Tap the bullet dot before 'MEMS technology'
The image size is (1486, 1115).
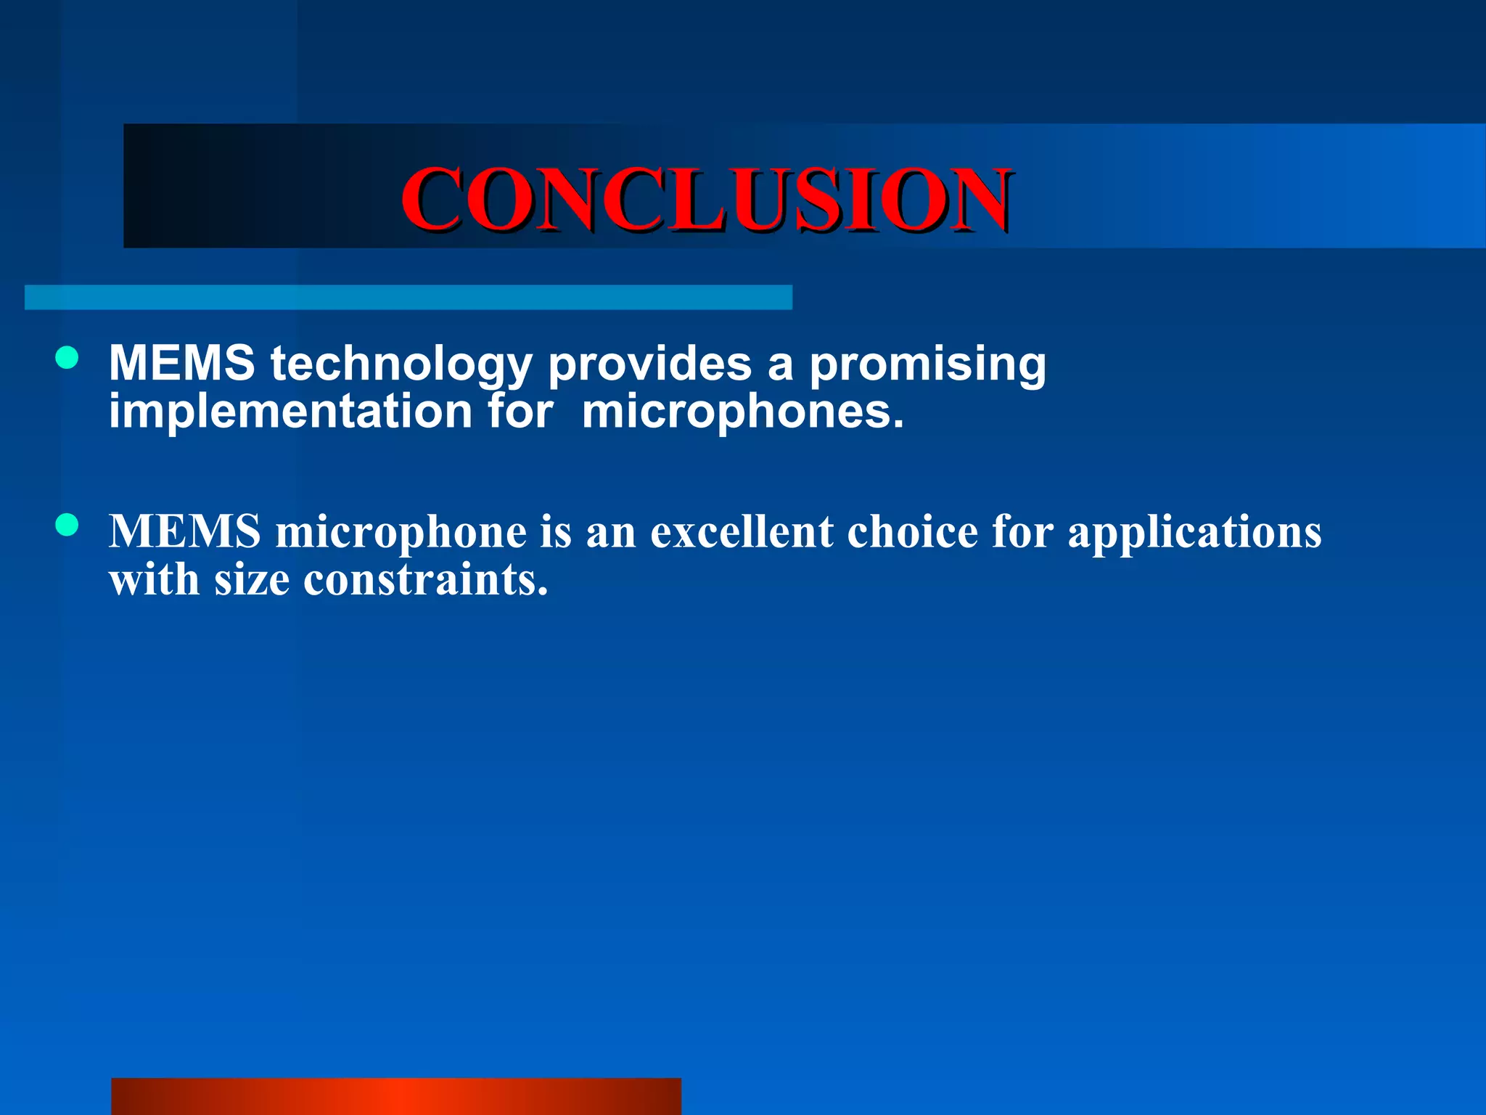pyautogui.click(x=67, y=358)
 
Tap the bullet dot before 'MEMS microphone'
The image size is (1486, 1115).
pyautogui.click(x=67, y=525)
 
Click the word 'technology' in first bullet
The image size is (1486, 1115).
pyautogui.click(x=401, y=364)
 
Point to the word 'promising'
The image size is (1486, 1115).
pyautogui.click(x=927, y=364)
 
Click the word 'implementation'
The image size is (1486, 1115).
pyautogui.click(x=290, y=412)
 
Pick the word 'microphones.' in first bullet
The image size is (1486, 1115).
pyautogui.click(x=743, y=412)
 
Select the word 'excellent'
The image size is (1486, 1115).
pyautogui.click(x=742, y=531)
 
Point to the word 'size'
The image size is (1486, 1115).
pyautogui.click(x=251, y=581)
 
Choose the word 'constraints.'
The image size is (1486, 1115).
pyautogui.click(x=425, y=581)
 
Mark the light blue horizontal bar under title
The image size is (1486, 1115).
pyautogui.click(x=408, y=298)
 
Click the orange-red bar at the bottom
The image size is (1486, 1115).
pyautogui.click(x=396, y=1096)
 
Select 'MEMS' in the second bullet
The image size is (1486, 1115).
pyautogui.click(x=184, y=531)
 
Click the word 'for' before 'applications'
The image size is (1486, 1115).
pyautogui.click(x=1022, y=531)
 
